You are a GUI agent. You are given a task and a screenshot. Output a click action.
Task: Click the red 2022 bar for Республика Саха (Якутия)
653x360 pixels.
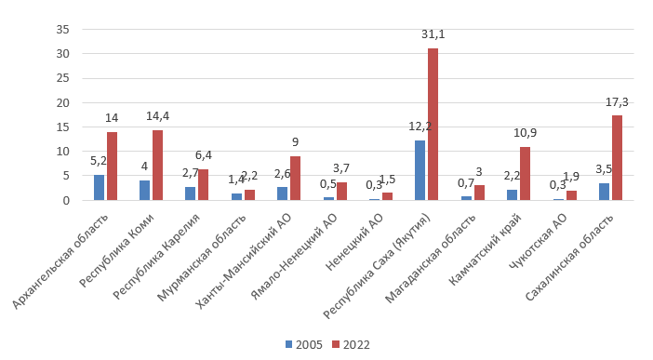(x=433, y=124)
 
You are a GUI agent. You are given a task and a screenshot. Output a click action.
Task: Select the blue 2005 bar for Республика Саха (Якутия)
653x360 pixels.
(x=420, y=170)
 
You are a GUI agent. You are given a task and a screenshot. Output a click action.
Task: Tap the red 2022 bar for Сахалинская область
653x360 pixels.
(x=616, y=157)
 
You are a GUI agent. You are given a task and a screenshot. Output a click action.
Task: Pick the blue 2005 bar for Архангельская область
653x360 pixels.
(x=99, y=187)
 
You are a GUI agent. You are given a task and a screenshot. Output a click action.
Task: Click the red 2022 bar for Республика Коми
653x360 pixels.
(x=157, y=165)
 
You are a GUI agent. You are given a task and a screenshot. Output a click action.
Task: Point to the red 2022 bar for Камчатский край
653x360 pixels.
(x=525, y=173)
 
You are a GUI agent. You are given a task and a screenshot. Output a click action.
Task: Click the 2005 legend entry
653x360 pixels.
(x=304, y=344)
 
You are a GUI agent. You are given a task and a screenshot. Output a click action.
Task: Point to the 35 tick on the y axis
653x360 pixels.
(x=63, y=29)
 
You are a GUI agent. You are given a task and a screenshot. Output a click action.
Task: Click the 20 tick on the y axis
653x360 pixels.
(x=63, y=102)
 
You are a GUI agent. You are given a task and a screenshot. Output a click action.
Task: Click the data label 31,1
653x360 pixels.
(x=433, y=34)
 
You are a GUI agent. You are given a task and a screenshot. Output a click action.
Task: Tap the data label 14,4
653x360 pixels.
(x=157, y=116)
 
